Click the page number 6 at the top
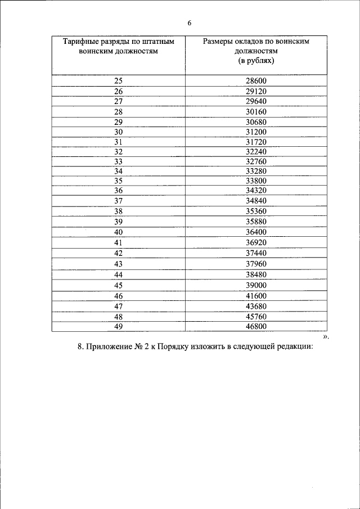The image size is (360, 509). pos(190,23)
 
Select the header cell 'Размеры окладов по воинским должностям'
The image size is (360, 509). pos(256,51)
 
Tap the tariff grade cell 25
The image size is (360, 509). pos(118,81)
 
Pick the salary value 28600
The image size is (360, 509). pos(256,81)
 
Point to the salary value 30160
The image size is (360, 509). pos(256,111)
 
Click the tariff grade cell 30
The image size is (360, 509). pos(118,132)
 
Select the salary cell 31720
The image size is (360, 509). pos(256,142)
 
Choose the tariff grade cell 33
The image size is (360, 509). pos(118,162)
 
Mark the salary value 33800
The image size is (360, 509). pos(256,181)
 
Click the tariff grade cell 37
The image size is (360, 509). pos(118,201)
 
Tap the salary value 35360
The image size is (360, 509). pos(256,211)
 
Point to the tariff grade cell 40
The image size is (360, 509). pos(118,232)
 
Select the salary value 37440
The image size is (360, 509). pos(256,253)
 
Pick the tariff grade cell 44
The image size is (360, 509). pos(118,274)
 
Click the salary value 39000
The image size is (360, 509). pos(256,285)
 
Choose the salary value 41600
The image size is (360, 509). pos(256,296)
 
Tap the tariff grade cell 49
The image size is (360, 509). pos(118,326)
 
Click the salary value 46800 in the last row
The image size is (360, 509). pos(256,326)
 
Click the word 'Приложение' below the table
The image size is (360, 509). pos(109,346)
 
